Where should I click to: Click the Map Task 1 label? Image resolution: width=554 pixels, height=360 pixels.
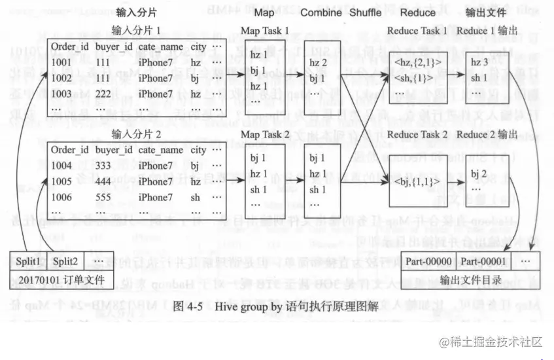pos(264,31)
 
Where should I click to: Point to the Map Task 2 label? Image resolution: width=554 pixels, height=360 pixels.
pos(264,135)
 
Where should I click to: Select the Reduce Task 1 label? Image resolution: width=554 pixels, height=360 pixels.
pos(417,31)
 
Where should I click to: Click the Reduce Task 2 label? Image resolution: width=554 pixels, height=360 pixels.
pos(417,135)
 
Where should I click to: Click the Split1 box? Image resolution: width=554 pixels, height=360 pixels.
pos(27,260)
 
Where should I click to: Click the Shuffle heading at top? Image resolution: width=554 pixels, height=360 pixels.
pos(365,12)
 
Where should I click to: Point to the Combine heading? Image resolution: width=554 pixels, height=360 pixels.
pos(322,12)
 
